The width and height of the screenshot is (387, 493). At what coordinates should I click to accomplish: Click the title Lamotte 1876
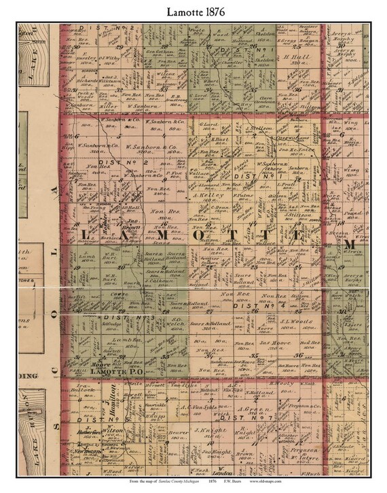coord(193,12)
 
